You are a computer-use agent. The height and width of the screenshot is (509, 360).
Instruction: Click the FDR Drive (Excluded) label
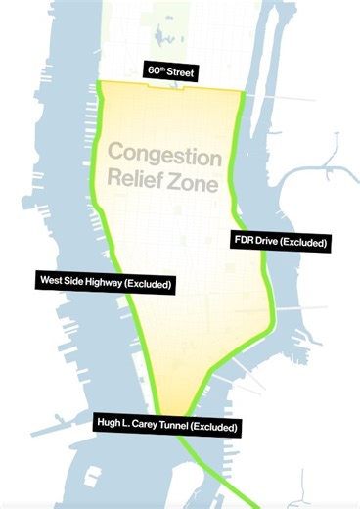280,241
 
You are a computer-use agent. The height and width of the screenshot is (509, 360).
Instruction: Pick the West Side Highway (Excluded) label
107,284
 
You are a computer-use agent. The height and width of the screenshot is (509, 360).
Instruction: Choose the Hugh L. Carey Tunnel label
166,426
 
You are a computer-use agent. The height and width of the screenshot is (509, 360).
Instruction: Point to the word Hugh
109,426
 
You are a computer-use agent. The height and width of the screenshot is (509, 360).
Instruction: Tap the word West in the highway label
51,284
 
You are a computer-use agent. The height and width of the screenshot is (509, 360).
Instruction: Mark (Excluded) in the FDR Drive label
302,241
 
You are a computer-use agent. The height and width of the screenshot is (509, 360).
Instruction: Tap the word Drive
267,241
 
